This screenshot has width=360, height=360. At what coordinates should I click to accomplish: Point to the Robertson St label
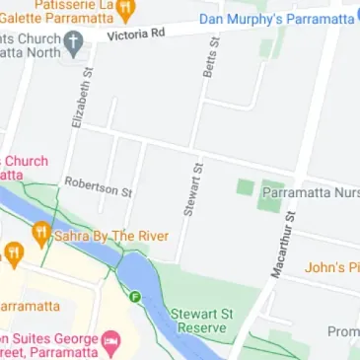[98, 186]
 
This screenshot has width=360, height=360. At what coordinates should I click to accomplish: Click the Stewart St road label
[192, 189]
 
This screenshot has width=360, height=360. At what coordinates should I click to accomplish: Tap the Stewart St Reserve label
[202, 320]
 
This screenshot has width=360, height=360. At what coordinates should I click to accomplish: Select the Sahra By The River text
[111, 237]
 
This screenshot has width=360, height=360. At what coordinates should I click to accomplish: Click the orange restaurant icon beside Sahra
[40, 235]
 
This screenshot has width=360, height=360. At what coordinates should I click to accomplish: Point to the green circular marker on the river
[134, 295]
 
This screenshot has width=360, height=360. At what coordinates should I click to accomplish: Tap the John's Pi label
[331, 267]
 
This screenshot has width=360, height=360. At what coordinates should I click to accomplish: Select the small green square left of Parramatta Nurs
[245, 186]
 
